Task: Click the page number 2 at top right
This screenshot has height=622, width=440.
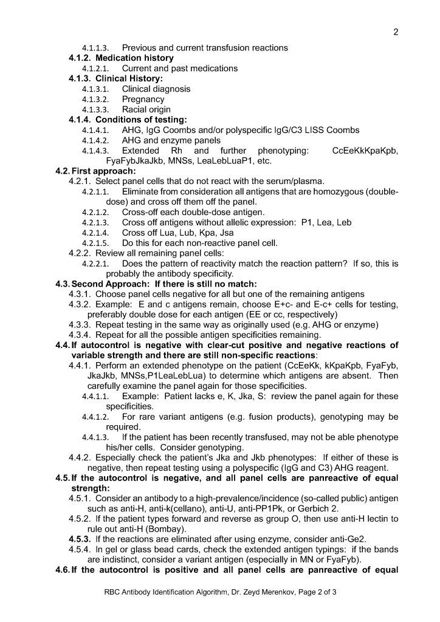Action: [x=396, y=32]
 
